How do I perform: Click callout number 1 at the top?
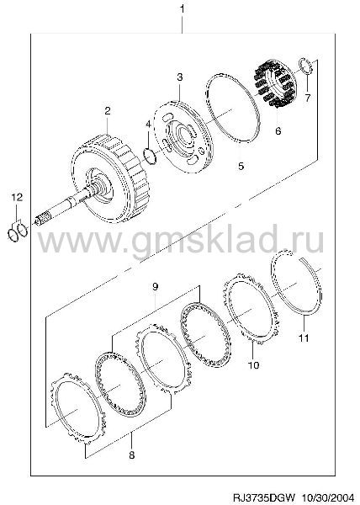pos(182,8)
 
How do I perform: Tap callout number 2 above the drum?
pos(108,111)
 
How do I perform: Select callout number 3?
pos(180,77)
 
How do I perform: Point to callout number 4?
pos(148,125)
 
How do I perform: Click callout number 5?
pos(241,166)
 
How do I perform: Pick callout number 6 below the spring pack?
pos(278,130)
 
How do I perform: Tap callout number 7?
pos(308,98)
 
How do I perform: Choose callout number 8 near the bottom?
pos(131,455)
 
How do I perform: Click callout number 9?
pos(155,287)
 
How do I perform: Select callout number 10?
pos(253,365)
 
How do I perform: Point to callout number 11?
pos(304,338)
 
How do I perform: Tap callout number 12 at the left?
pos(17,197)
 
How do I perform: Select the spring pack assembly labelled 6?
pos(274,83)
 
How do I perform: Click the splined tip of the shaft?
pos(43,218)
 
